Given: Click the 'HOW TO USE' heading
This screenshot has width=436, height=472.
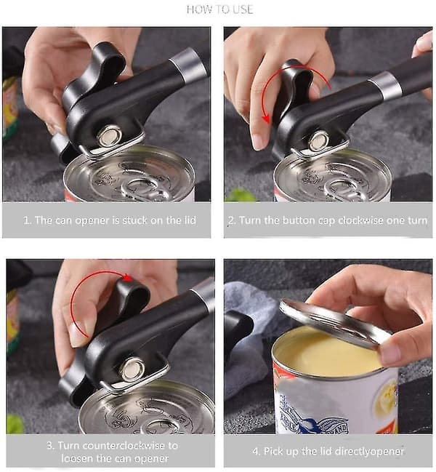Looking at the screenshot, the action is pos(219,9).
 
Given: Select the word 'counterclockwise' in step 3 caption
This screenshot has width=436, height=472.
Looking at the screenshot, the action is pos(124,445).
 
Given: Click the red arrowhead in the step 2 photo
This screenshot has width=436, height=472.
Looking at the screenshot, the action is pos(266,119).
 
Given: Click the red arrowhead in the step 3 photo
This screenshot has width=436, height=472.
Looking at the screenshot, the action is pos(128,277).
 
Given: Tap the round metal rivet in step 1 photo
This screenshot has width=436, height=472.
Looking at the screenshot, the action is pos(109,137).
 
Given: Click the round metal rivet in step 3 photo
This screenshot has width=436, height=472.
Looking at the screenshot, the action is pos(132,368).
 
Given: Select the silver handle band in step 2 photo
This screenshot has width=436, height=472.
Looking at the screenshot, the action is pos(385,85).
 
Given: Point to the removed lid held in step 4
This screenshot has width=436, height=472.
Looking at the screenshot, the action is pos(334,324).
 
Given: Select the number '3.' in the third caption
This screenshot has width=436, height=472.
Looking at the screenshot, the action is pos(51,446).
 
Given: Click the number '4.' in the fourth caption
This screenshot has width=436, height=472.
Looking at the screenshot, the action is pos(257,451).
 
